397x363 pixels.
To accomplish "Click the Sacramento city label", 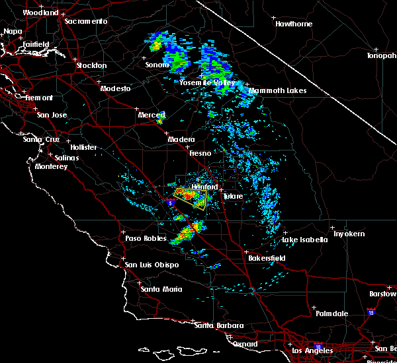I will [85, 21].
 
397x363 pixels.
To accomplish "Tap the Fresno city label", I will [199, 153].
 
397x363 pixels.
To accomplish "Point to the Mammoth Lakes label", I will [277, 90].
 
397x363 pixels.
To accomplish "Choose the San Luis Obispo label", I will [152, 265].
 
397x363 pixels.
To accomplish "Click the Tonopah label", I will [382, 55].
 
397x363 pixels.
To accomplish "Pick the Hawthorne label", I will [294, 24].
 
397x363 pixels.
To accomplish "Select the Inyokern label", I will [348, 234].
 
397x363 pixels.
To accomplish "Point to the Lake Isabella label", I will [304, 240].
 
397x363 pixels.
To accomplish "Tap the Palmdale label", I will [331, 313].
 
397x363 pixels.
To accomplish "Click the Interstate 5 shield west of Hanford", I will [171, 204].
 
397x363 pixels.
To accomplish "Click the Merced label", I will [151, 115].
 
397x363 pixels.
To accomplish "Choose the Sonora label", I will [158, 65].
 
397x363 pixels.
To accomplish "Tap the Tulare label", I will [232, 196].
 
